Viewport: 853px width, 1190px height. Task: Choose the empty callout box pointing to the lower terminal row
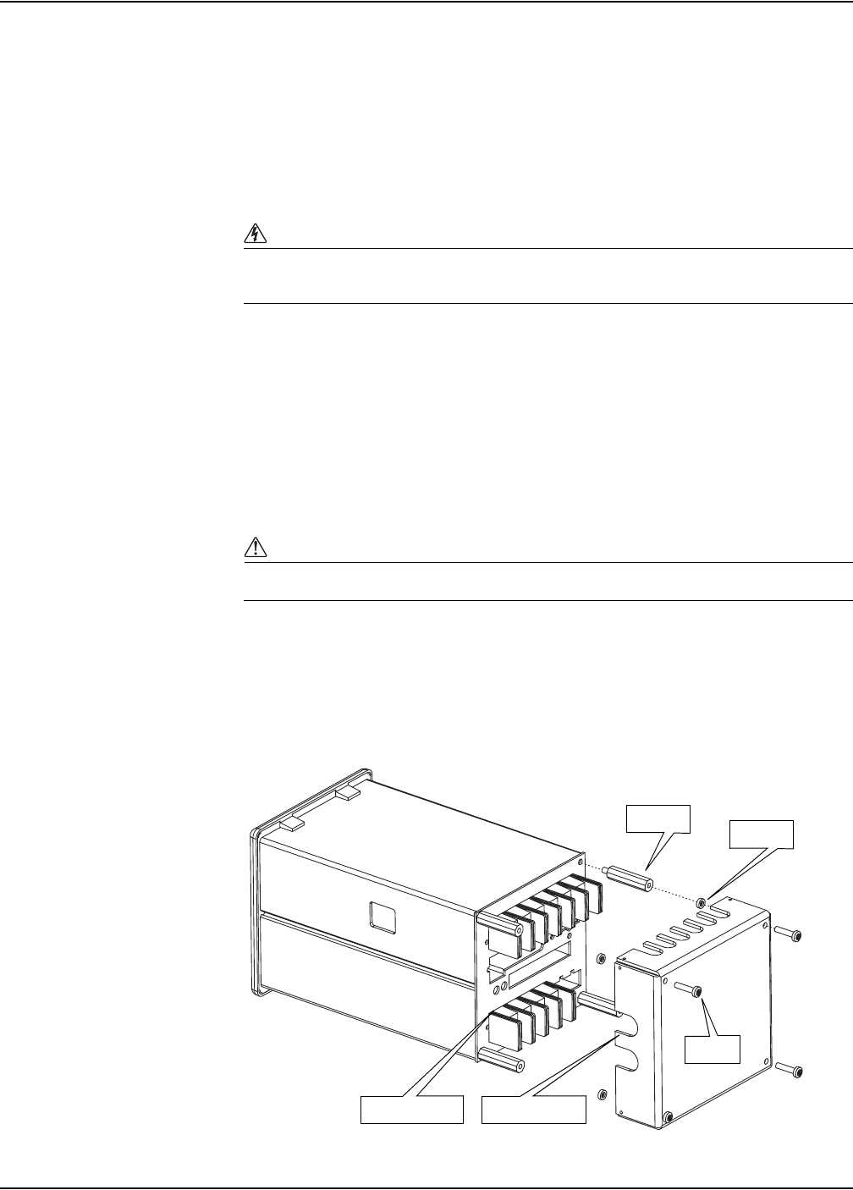click(413, 1109)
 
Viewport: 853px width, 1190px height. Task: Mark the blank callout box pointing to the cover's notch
click(533, 1109)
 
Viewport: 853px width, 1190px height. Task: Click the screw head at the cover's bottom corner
click(669, 1118)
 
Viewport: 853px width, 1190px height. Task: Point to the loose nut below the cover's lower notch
click(601, 1094)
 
